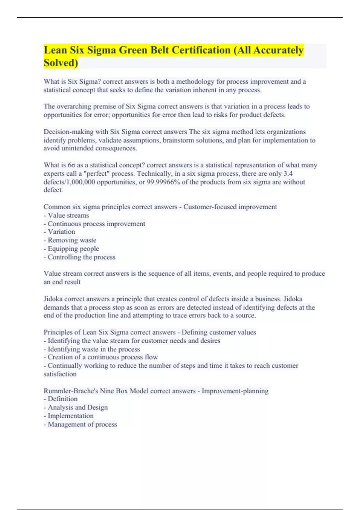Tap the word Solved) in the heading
point(61,63)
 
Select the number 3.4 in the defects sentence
point(288,174)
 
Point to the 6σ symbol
point(71,165)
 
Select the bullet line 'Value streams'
point(68,215)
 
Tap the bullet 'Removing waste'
point(72,240)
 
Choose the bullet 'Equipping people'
point(73,249)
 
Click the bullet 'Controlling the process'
point(81,257)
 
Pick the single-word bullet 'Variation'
point(61,232)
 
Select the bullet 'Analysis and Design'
point(77,407)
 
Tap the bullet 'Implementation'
point(70,416)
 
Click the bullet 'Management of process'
point(82,424)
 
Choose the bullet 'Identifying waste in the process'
point(94,349)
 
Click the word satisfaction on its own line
point(60,374)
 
